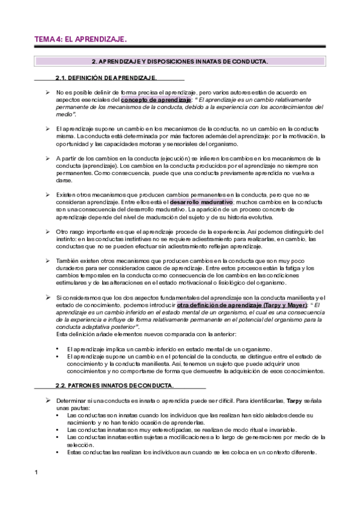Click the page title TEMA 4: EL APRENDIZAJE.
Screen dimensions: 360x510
pos(80,39)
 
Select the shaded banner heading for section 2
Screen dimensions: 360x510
pos(180,61)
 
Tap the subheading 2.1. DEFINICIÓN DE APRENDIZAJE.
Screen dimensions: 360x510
pos(106,78)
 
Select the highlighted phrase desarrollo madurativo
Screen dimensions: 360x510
pos(201,203)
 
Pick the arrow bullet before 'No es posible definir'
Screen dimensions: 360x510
pos(47,92)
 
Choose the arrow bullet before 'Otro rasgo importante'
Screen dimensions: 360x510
pos(47,232)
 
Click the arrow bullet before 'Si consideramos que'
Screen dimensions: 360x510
pos(47,298)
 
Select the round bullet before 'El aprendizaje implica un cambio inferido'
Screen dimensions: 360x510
pos(56,349)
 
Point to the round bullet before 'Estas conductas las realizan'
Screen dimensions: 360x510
pos(56,452)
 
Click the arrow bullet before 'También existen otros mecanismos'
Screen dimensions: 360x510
pos(47,261)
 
